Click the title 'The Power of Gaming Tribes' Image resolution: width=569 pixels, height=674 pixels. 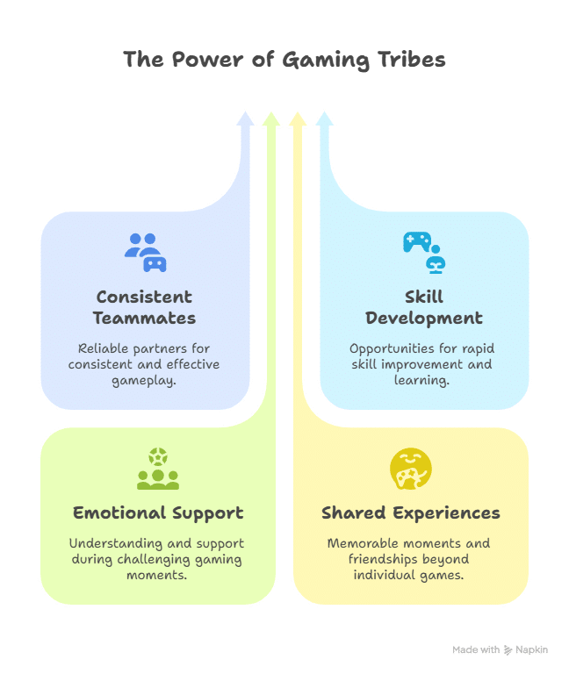[x=284, y=60]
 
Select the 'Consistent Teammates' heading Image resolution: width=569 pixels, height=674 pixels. [x=145, y=307]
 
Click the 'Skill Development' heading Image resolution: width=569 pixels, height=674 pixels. [x=424, y=307]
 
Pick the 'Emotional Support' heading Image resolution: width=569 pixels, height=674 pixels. [x=158, y=513]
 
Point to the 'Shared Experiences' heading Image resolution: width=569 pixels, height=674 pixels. [x=411, y=513]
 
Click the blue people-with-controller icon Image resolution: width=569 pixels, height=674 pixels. [x=145, y=252]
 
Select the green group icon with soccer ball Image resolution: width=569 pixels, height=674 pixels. [x=158, y=469]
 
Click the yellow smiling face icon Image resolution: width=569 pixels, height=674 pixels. [x=411, y=469]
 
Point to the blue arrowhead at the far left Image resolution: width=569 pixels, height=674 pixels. [x=245, y=119]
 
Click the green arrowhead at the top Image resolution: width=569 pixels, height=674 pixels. [x=271, y=119]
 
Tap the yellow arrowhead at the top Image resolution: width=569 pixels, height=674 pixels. [x=298, y=119]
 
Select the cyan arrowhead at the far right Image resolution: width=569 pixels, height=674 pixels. [x=324, y=119]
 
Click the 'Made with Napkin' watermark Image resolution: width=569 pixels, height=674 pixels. [x=500, y=650]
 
